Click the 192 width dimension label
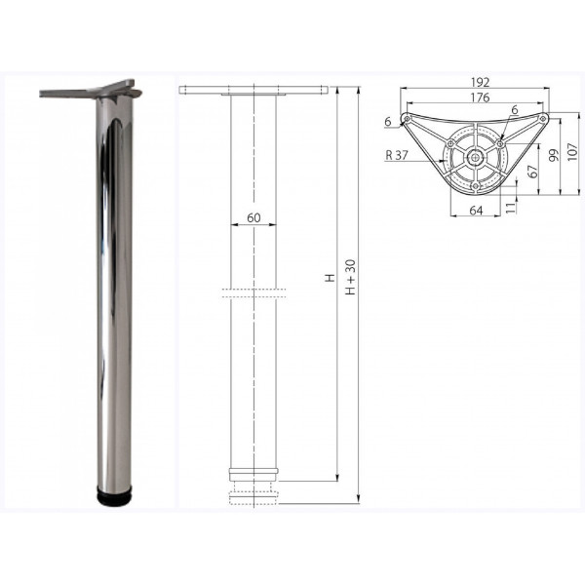480,82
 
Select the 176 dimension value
480,97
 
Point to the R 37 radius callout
397,155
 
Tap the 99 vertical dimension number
554,155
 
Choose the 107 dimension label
572,151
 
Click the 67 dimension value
534,171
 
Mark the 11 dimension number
512,208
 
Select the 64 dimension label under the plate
476,211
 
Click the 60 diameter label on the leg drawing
253,217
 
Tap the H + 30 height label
351,277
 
